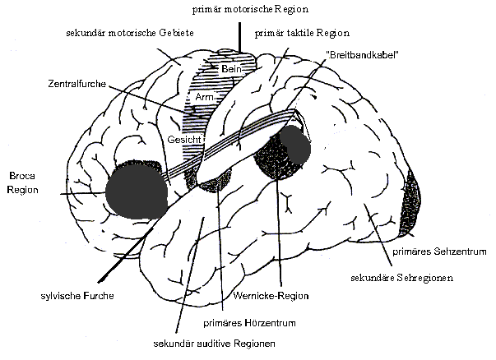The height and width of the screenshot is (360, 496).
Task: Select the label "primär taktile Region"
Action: click(302, 34)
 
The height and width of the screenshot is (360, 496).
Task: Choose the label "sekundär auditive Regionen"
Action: click(214, 342)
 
